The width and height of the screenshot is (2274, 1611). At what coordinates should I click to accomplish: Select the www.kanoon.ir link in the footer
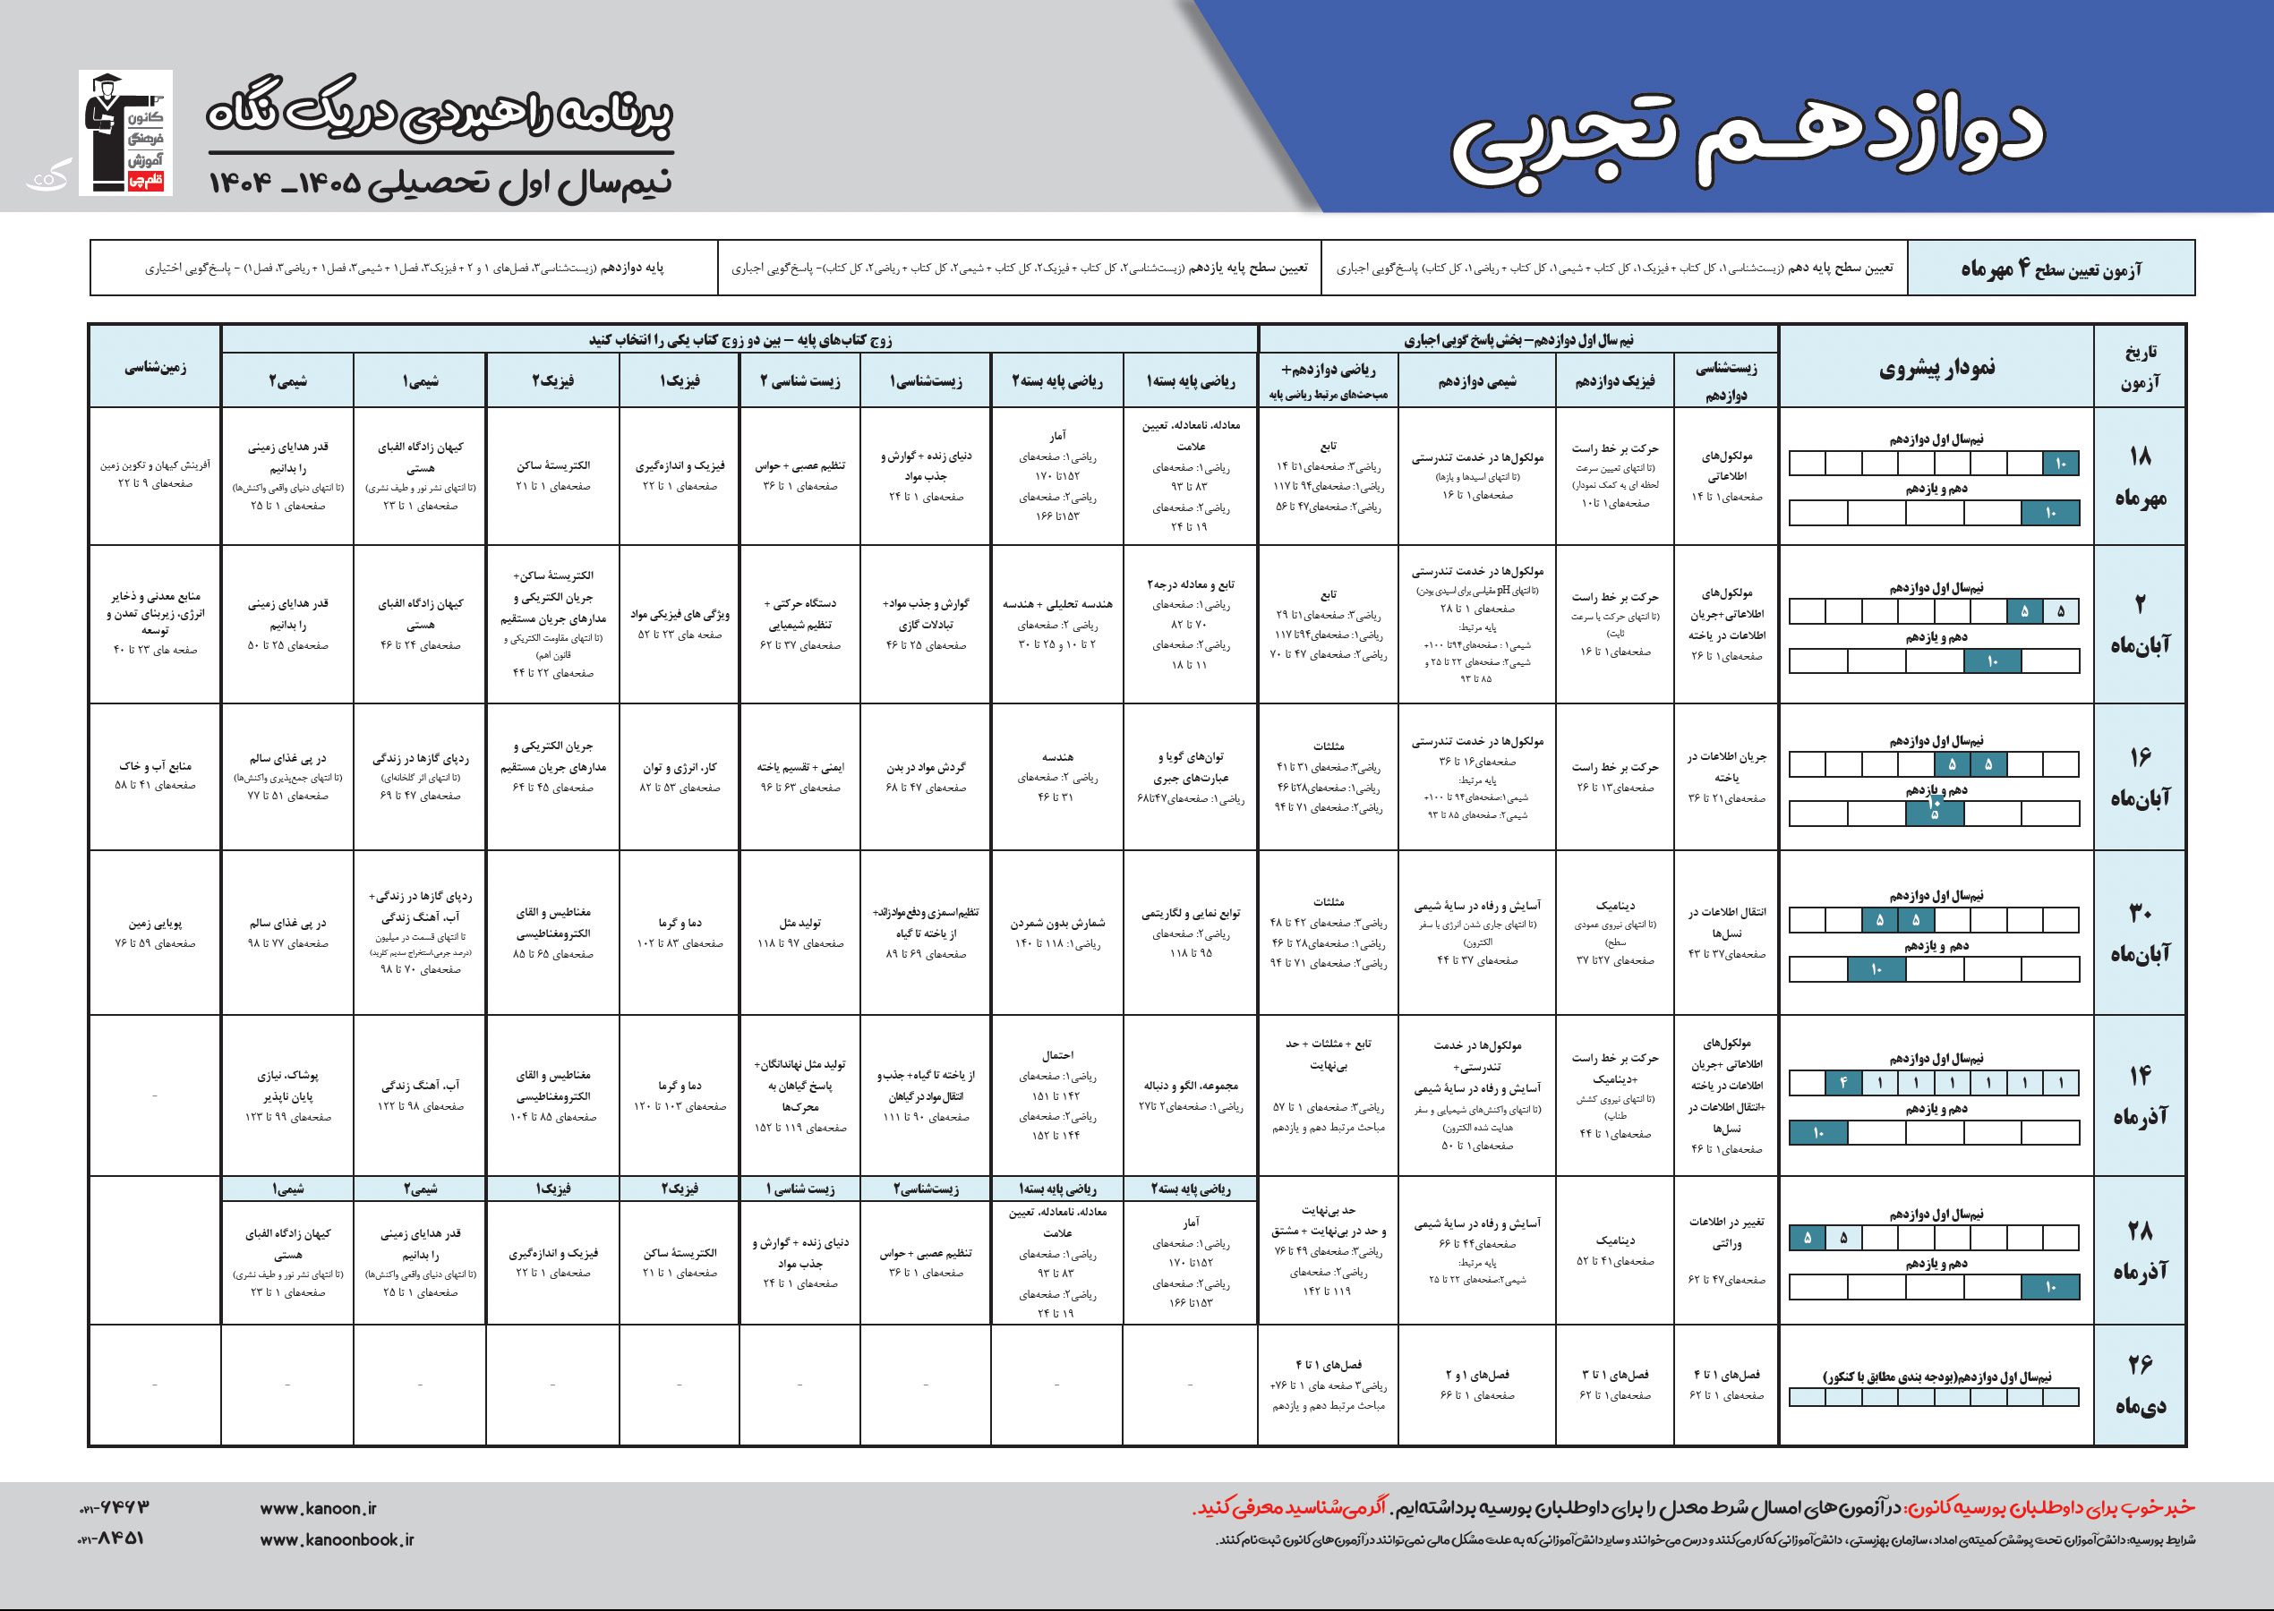click(319, 1509)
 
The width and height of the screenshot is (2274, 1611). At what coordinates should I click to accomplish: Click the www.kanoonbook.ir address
click(337, 1539)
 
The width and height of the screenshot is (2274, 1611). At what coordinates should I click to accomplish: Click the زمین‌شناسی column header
click(155, 367)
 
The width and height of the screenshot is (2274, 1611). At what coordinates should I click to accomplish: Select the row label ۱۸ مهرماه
click(2140, 476)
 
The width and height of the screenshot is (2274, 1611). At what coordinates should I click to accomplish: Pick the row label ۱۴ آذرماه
click(2140, 1095)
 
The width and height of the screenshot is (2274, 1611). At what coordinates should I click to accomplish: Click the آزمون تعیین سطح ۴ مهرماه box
click(2052, 268)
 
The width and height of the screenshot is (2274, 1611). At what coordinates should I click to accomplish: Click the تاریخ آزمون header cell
click(2140, 367)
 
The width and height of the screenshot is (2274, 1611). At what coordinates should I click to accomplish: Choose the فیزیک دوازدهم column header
click(1614, 382)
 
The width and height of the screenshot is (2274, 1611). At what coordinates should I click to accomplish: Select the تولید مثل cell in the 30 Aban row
click(800, 933)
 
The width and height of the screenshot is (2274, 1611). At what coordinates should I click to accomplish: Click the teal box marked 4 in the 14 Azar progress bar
click(1842, 1083)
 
